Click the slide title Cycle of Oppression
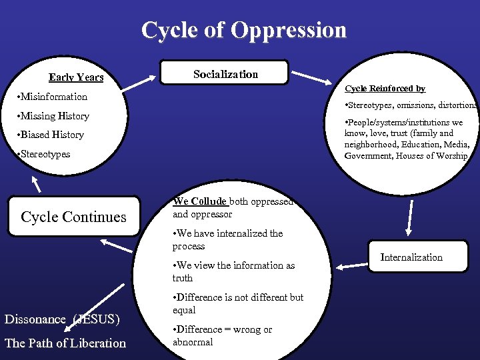(244, 31)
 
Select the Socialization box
(225, 74)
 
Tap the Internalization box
(411, 257)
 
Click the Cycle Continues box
(73, 217)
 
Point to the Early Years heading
(76, 78)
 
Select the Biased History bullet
(53, 135)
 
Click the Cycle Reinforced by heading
(385, 89)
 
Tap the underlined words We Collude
(199, 201)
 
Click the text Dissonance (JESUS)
(62, 319)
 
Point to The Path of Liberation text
(65, 343)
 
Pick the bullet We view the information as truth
(233, 271)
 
